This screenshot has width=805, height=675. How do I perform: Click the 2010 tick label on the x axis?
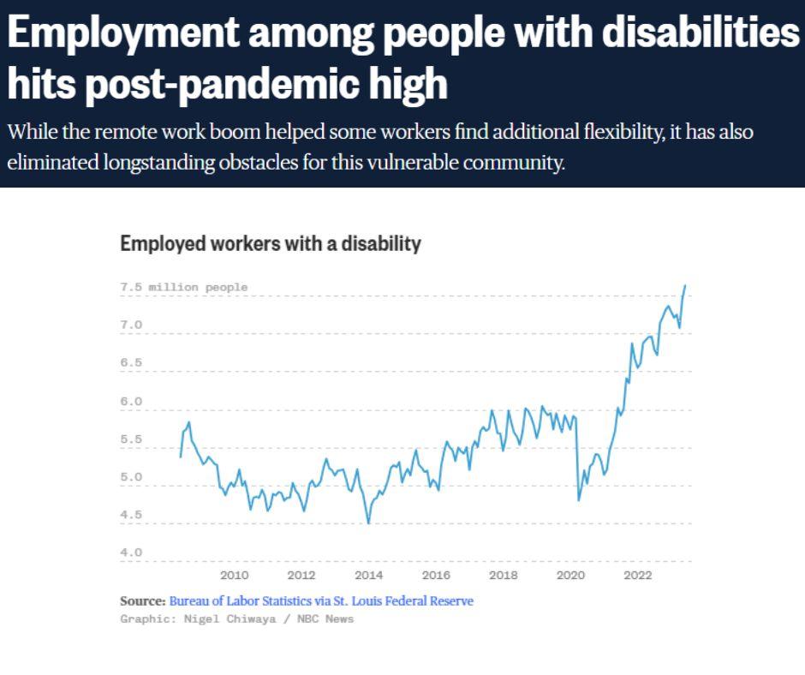tap(234, 576)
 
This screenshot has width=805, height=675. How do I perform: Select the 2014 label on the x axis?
tap(368, 576)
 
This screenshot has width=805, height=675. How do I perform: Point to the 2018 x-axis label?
tap(504, 576)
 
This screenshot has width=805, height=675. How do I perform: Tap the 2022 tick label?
tap(638, 576)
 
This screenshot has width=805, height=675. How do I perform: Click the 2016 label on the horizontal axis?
tap(436, 576)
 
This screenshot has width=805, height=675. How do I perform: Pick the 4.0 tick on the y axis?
tap(131, 553)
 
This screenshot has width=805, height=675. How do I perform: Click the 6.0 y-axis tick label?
tap(131, 402)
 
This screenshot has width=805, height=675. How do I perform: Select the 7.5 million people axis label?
tap(184, 288)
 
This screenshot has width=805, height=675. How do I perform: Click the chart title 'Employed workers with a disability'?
tap(271, 244)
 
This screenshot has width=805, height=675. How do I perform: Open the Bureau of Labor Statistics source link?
tap(321, 601)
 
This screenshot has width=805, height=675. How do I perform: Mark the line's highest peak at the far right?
tap(685, 285)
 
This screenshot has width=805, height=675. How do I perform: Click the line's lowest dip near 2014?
tap(368, 523)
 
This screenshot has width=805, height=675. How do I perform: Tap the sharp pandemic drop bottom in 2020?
tap(579, 500)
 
